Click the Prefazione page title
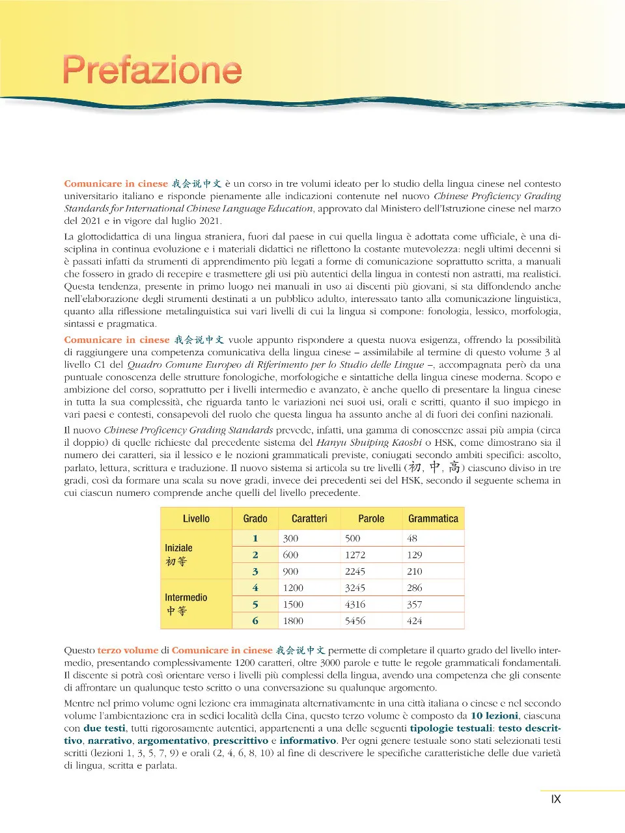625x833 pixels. [x=152, y=70]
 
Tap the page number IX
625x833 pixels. [x=555, y=799]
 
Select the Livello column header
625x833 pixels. [x=196, y=519]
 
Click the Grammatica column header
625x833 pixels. [x=433, y=519]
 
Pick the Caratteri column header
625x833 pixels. [x=309, y=519]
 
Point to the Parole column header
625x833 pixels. [x=371, y=519]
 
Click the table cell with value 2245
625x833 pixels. [x=355, y=571]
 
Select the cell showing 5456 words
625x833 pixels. [x=355, y=621]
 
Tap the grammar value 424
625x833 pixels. [x=415, y=621]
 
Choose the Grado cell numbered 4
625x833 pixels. [x=255, y=588]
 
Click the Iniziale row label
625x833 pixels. [x=178, y=548]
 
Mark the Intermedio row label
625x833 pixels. [x=186, y=597]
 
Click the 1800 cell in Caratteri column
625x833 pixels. [x=293, y=621]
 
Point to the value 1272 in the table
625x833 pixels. [x=355, y=555]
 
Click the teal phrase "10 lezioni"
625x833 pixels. [x=494, y=716]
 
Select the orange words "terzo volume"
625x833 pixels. [x=128, y=650]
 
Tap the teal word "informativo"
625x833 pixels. [x=308, y=741]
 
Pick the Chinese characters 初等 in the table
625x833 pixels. [x=176, y=562]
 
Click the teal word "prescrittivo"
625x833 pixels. [x=240, y=741]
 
